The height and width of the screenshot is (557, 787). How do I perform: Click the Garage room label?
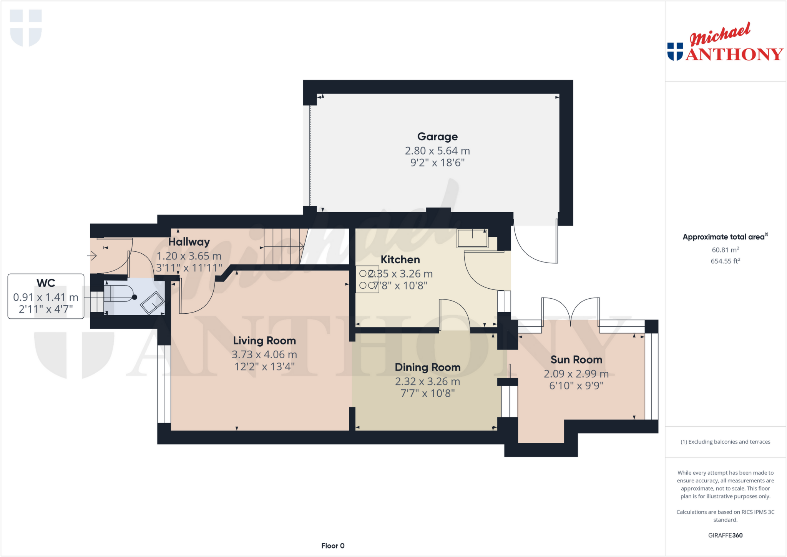pyautogui.click(x=437, y=136)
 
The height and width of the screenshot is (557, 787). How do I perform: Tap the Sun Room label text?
pyautogui.click(x=576, y=360)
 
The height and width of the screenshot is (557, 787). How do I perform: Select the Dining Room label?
pyautogui.click(x=427, y=367)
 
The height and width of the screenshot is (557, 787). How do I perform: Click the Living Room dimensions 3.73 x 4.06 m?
pyautogui.click(x=264, y=354)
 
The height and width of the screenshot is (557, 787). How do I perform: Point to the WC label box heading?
pyautogui.click(x=46, y=283)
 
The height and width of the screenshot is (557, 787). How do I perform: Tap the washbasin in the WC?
pyautogui.click(x=153, y=303)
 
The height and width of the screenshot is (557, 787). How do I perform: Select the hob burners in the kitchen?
pyautogui.click(x=367, y=280)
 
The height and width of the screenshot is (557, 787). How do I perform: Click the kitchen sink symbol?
pyautogui.click(x=472, y=238)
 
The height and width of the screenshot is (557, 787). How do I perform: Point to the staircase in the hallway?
pyautogui.click(x=285, y=246)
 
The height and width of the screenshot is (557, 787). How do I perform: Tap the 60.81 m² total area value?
pyautogui.click(x=725, y=250)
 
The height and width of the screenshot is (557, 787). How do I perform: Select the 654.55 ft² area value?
pyautogui.click(x=725, y=261)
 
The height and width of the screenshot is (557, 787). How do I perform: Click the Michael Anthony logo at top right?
pyautogui.click(x=725, y=43)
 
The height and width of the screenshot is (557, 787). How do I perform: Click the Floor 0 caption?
pyautogui.click(x=333, y=546)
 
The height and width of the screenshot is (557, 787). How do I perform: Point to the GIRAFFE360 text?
pyautogui.click(x=725, y=535)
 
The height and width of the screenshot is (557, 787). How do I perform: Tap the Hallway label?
pyautogui.click(x=189, y=242)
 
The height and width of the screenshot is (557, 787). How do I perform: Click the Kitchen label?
pyautogui.click(x=400, y=260)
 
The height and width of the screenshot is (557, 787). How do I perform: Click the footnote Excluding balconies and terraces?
pyautogui.click(x=725, y=442)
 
